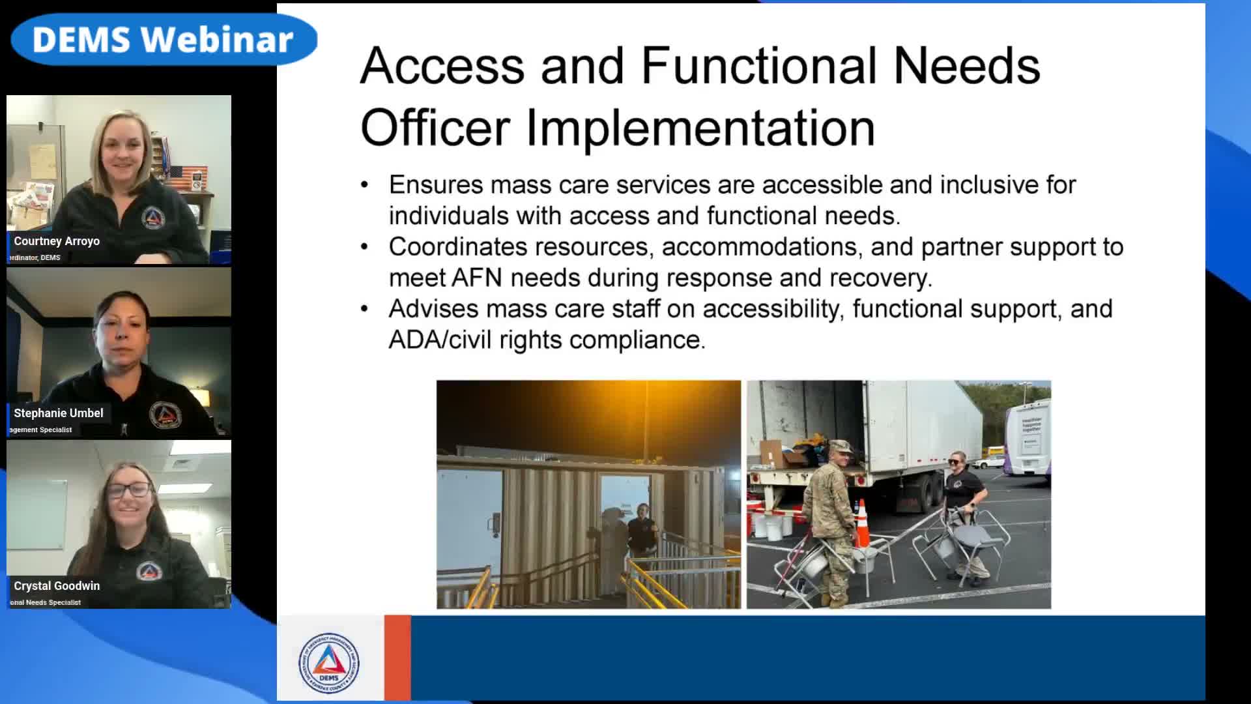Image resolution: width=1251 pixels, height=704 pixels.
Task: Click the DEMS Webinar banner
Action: [163, 40]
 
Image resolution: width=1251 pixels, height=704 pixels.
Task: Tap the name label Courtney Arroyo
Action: [57, 241]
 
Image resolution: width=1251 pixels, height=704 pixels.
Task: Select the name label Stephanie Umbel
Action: [59, 413]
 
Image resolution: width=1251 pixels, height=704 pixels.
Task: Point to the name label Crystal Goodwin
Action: [57, 586]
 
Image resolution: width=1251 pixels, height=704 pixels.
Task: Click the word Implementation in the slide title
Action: [700, 128]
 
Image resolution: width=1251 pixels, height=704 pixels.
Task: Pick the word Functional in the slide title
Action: [758, 66]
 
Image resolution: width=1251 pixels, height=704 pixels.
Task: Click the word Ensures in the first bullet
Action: [435, 185]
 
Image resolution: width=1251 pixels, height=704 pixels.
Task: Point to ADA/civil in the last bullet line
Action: [440, 340]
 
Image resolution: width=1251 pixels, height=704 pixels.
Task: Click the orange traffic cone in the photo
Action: [862, 523]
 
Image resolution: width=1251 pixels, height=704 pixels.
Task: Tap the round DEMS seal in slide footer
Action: [329, 663]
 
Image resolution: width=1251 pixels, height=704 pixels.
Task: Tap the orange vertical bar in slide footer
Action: [397, 657]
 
